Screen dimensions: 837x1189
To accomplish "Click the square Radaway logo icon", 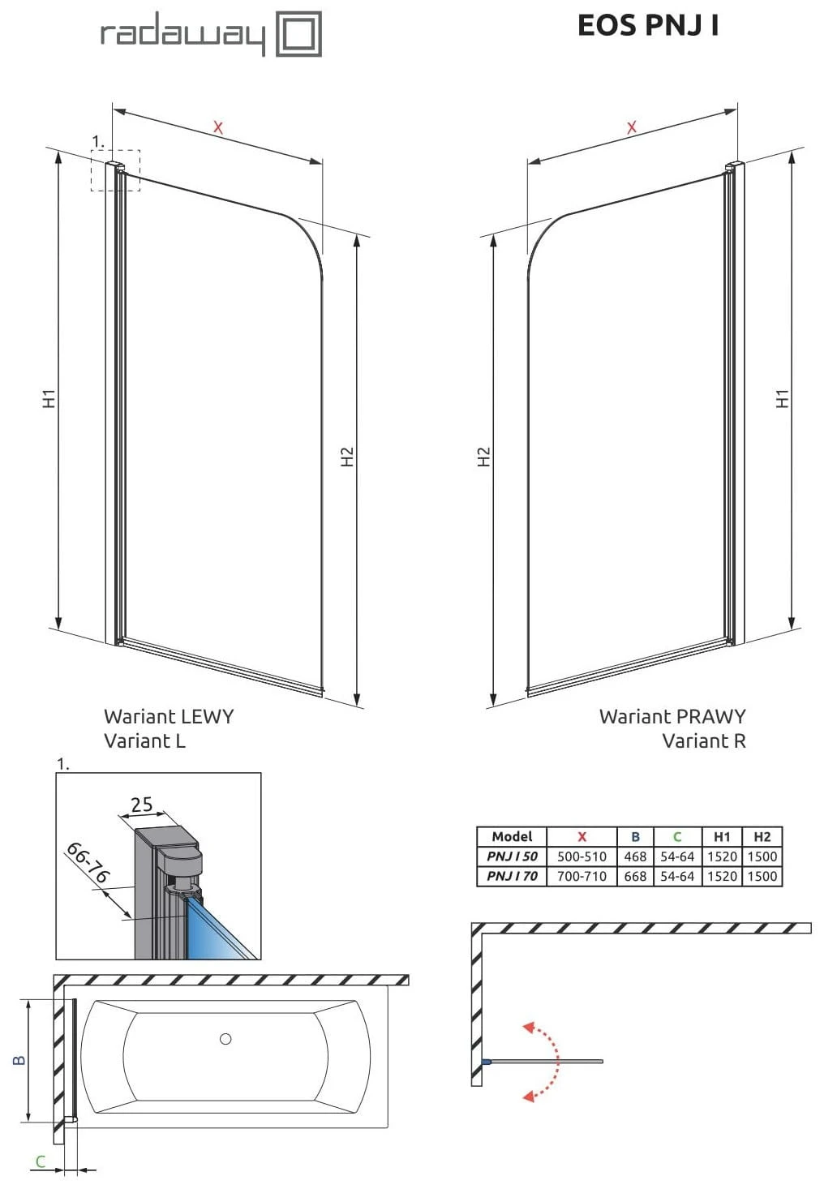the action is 298,34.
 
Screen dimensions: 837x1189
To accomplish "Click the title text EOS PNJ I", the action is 648,25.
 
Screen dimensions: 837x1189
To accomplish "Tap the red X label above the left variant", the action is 218,127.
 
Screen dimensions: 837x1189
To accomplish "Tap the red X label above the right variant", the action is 632,127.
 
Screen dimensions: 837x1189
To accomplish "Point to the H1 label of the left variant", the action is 49,399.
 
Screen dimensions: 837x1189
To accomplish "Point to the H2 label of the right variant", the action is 483,457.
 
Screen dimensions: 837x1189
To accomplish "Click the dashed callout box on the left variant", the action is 116,170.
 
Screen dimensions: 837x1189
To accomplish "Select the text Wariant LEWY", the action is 169,717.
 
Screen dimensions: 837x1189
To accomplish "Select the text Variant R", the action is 704,740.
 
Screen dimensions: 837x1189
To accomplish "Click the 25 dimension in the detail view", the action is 142,805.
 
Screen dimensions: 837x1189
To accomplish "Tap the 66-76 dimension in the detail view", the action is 88,863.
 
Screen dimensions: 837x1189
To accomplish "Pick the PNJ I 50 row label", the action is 513,856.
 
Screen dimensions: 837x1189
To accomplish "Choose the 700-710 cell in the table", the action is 582,877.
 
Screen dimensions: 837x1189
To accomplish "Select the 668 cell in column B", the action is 635,877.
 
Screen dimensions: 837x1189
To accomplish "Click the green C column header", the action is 677,837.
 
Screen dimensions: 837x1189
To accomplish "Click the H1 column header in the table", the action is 722,837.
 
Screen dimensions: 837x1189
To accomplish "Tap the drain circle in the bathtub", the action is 225,1039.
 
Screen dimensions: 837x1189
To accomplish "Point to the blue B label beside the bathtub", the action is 19,1060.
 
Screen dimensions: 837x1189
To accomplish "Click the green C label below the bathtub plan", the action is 41,1162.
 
